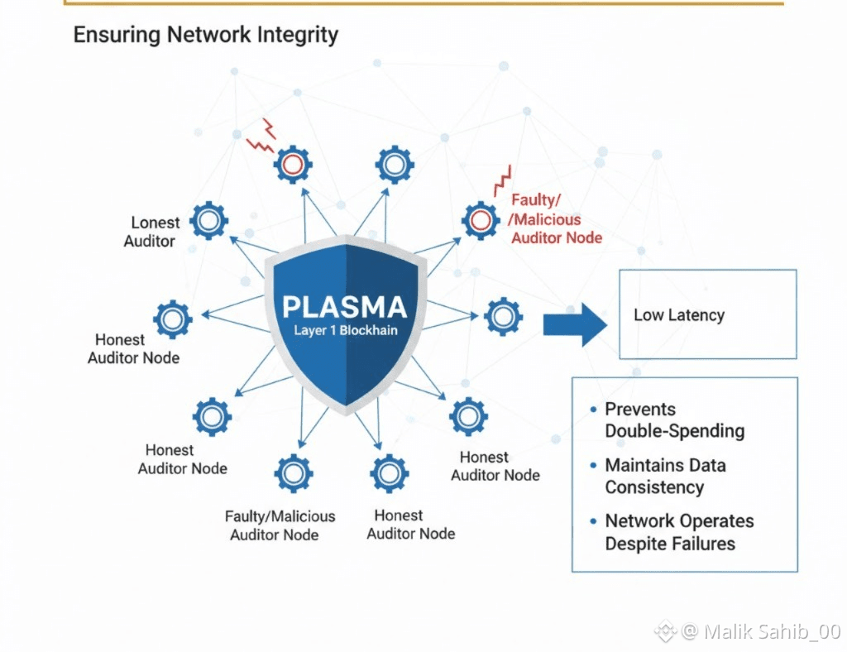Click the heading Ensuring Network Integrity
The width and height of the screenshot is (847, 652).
click(x=206, y=36)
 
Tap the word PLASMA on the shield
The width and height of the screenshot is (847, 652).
click(x=344, y=308)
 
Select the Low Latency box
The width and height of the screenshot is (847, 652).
click(x=707, y=314)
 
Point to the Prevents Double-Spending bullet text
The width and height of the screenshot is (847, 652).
click(x=674, y=420)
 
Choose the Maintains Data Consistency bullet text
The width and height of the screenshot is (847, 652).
click(x=665, y=476)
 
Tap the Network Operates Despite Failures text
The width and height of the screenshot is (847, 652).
click(x=679, y=532)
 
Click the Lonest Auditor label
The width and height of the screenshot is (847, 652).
click(x=153, y=232)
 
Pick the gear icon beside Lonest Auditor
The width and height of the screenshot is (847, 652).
click(x=208, y=220)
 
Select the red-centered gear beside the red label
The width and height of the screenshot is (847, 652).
click(x=481, y=220)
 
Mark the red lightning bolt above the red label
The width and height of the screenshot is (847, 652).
click(x=502, y=180)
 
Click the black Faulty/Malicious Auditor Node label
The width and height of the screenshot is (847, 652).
click(x=280, y=525)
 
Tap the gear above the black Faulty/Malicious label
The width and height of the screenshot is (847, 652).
click(x=294, y=473)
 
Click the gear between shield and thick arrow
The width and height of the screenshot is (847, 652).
click(x=503, y=316)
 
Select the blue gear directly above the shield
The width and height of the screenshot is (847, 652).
click(x=395, y=165)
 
